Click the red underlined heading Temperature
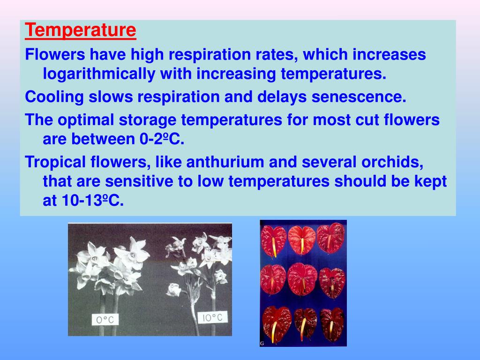coord(81,31)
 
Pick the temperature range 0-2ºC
coord(159,139)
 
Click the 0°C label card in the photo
coord(105,320)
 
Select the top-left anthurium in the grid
coord(274,240)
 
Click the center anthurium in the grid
coord(302,279)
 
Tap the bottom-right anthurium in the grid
coord(332,323)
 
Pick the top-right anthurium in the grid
coord(331,238)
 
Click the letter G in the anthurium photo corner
coord(262,344)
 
